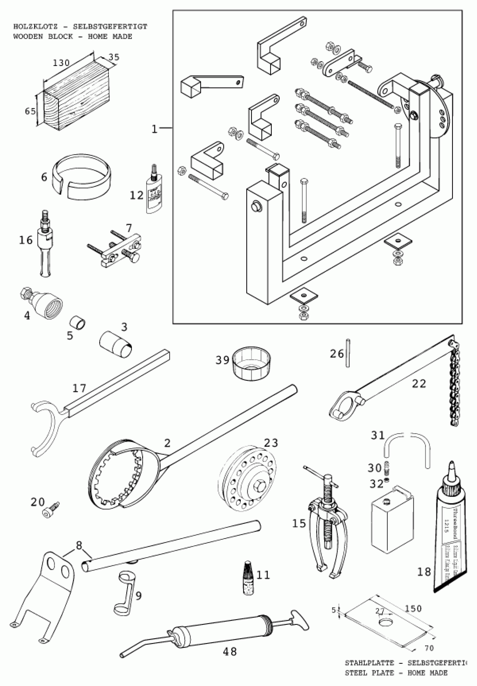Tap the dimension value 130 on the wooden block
[x=61, y=63]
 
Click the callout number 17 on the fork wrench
[x=79, y=388]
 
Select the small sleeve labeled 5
[x=78, y=323]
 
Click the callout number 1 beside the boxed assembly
[x=154, y=129]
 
